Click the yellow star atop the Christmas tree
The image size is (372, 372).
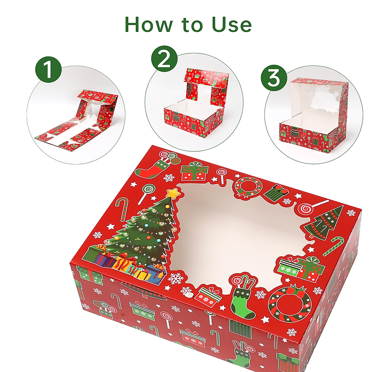[x=172, y=194]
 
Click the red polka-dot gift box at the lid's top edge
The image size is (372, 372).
[x=194, y=172]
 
